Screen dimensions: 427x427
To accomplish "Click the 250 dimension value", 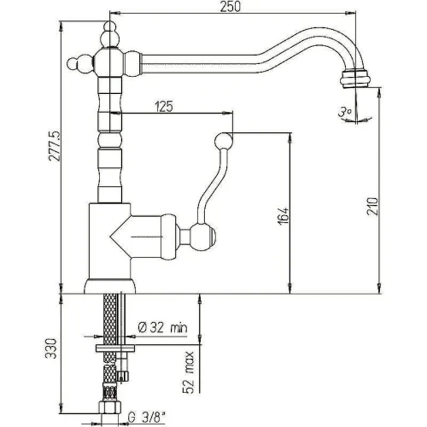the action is [230, 7].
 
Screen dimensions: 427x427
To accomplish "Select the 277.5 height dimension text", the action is [55, 146].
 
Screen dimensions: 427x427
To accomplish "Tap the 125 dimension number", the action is [164, 107].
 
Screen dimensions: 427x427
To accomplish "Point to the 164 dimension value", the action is [284, 216].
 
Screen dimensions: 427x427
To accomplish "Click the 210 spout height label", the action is [372, 206].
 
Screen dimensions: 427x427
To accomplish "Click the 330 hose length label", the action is [51, 348].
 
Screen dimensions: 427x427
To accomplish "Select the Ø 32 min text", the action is [162, 328].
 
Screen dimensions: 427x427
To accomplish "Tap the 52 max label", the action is [188, 372].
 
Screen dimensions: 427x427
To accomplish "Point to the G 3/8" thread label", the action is [146, 418].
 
